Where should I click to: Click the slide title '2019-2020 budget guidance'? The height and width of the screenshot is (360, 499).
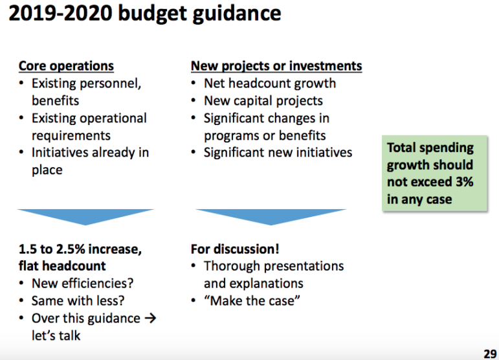[x=145, y=14]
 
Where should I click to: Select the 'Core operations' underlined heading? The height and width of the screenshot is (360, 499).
[x=66, y=66]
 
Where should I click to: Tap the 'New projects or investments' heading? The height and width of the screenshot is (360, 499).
[x=276, y=66]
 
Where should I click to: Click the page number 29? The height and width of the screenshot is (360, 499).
[x=490, y=354]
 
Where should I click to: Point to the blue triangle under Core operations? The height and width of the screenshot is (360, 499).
[x=85, y=216]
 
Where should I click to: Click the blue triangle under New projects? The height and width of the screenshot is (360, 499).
[x=271, y=216]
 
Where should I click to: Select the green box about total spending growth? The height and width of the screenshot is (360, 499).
[x=435, y=173]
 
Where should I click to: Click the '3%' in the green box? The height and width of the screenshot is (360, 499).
[x=465, y=182]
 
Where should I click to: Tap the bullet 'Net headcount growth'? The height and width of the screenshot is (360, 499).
[x=270, y=84]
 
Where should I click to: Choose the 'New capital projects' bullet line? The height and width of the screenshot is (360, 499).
[x=263, y=101]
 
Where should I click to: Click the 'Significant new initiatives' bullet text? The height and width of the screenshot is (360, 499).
[x=278, y=152]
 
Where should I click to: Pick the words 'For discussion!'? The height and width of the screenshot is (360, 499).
[x=235, y=249]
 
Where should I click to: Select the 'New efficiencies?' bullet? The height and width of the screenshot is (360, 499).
[x=82, y=284]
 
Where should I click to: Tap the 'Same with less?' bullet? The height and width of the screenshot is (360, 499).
[x=78, y=301]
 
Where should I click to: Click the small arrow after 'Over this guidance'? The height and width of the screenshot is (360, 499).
[x=150, y=318]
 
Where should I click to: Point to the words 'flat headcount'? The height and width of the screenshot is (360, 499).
[x=62, y=266]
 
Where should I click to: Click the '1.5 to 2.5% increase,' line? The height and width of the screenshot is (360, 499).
[x=80, y=249]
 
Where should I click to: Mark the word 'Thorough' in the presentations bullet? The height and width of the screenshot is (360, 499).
[x=232, y=266]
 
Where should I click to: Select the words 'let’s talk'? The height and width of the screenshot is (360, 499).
[x=56, y=335]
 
